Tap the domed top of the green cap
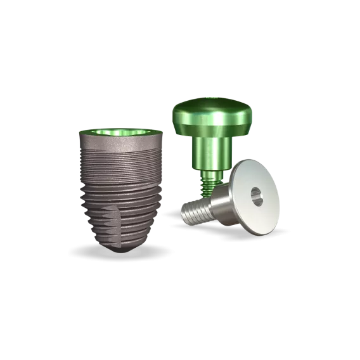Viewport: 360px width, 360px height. (x=212, y=108)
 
